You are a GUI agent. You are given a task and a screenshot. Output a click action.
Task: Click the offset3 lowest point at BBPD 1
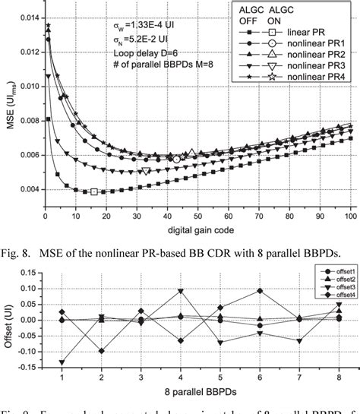pyautogui.click(x=62, y=363)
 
